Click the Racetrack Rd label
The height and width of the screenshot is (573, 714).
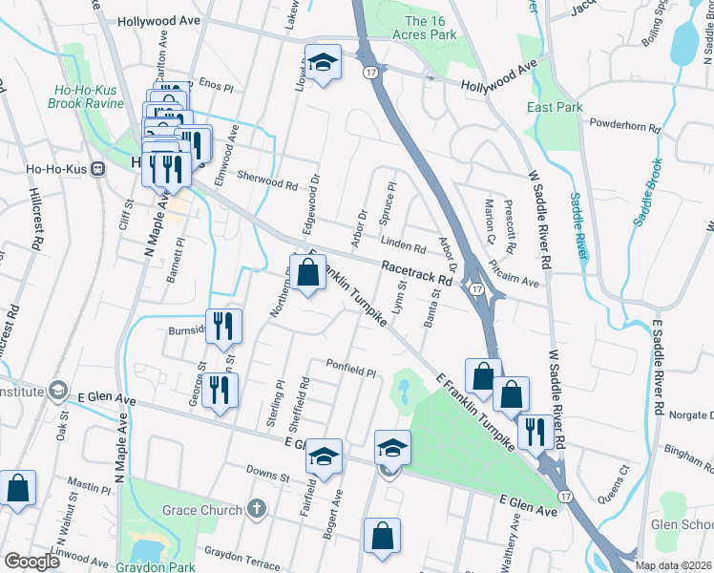417,274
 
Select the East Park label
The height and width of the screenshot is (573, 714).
555,108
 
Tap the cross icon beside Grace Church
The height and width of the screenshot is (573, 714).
256,509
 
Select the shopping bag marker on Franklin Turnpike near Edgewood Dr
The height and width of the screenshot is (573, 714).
308,274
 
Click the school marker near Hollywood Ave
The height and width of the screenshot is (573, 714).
324,63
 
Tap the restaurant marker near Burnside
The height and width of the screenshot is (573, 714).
224,327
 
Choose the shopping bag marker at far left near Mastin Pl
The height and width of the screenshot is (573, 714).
18,488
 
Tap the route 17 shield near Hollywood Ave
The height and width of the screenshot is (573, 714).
369,72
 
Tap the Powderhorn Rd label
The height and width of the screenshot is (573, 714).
625,125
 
